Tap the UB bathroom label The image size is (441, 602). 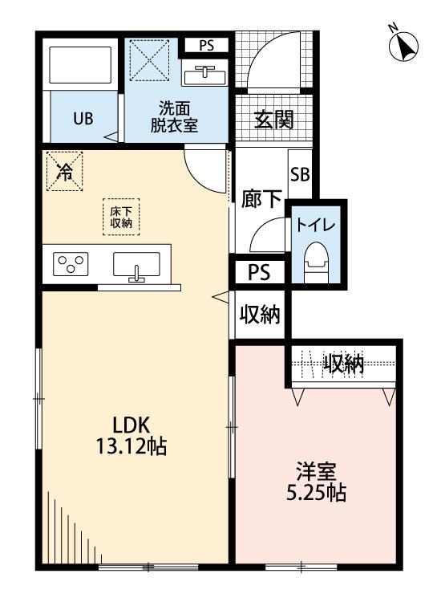pyautogui.click(x=83, y=120)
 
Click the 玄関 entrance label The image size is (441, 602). pyautogui.click(x=273, y=120)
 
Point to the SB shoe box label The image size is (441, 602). pyautogui.click(x=300, y=174)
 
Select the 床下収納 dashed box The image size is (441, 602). pyautogui.click(x=121, y=215)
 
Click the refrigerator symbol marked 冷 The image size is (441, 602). pyautogui.click(x=64, y=171)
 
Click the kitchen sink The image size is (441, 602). pyautogui.click(x=137, y=265)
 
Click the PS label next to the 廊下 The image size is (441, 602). pyautogui.click(x=258, y=272)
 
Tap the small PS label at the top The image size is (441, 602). pyautogui.click(x=206, y=46)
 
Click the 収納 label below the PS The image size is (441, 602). pyautogui.click(x=259, y=315)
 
